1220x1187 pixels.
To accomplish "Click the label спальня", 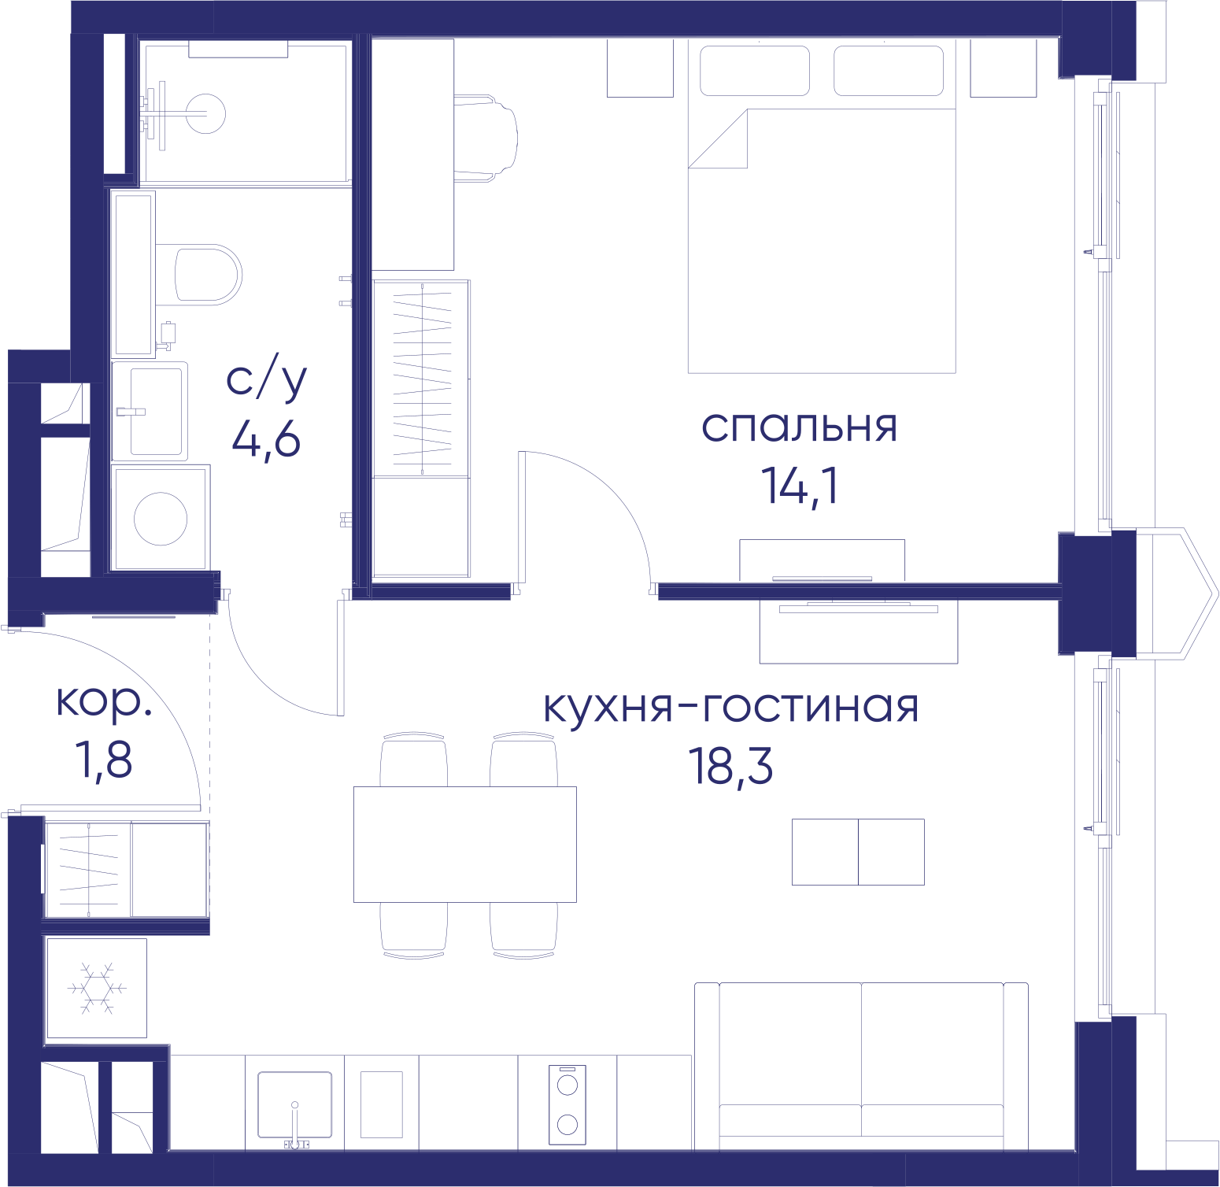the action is point(799,427).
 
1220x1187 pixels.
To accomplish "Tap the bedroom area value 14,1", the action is point(800,485).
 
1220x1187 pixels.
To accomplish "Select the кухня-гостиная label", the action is point(731,706).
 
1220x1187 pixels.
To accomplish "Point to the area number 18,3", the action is point(730,766).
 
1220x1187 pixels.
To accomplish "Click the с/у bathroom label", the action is point(266,379).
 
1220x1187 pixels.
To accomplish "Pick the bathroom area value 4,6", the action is point(266,438).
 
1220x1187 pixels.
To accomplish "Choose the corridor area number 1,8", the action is point(104,760).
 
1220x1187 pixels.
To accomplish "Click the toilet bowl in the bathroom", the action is point(207,275).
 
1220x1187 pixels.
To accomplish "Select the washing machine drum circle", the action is point(161,519).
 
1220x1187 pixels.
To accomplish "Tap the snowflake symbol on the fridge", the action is point(97,988).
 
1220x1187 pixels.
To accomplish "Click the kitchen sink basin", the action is point(294,1104).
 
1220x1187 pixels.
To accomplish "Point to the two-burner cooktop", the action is point(567,1104).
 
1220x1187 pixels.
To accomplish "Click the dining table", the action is point(465,844).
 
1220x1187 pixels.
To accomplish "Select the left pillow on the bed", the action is point(755,71).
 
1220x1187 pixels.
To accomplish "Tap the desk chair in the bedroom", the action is point(486,138).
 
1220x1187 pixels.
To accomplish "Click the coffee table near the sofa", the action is point(858,852).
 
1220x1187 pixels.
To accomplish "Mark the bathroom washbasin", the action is point(150,411).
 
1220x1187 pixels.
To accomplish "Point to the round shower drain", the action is point(206,113).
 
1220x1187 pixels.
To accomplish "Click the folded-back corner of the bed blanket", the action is point(718,139).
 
